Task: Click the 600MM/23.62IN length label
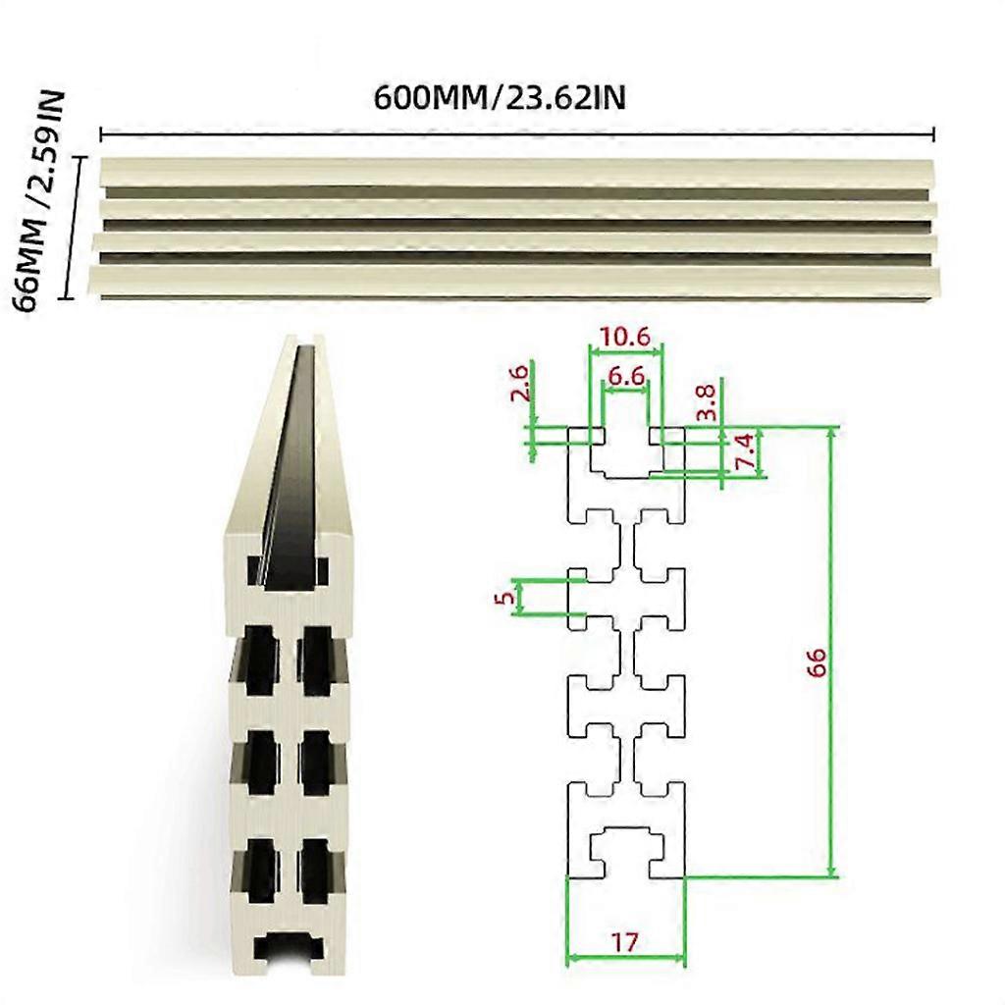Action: [x=501, y=98]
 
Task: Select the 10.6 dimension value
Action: [x=625, y=337]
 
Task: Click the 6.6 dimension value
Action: [x=625, y=376]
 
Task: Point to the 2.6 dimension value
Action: [x=521, y=382]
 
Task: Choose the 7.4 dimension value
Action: [x=746, y=451]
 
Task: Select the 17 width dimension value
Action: [x=624, y=943]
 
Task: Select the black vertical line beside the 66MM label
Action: [x=68, y=226]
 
